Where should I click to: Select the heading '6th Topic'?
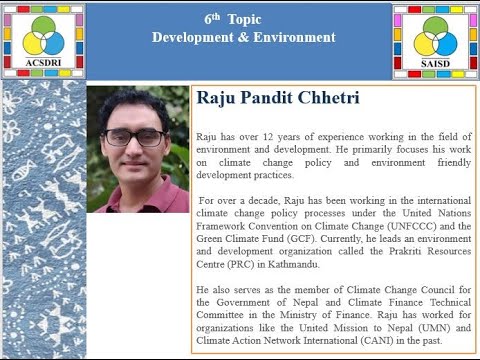coord(243,20)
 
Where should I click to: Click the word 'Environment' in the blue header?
coord(295,38)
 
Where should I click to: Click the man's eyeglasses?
coord(134,137)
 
